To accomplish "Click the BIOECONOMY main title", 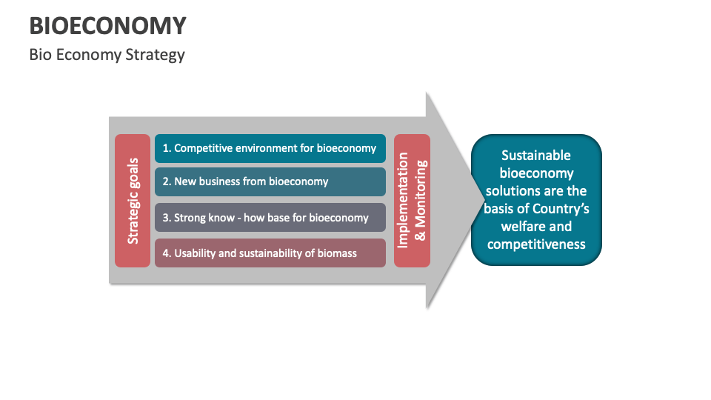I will pyautogui.click(x=108, y=26).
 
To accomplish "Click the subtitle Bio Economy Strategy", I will pyautogui.click(x=107, y=55).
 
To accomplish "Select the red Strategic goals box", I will pyautogui.click(x=133, y=201).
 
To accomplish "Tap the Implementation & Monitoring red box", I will pyautogui.click(x=412, y=201).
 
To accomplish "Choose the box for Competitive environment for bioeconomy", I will pyautogui.click(x=270, y=148).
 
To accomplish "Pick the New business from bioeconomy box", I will pyautogui.click(x=270, y=181).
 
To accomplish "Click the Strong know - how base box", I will pyautogui.click(x=270, y=218).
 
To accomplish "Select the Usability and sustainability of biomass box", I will pyautogui.click(x=270, y=253).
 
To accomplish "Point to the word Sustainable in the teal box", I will pyautogui.click(x=536, y=156).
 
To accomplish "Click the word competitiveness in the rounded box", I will pyautogui.click(x=536, y=244).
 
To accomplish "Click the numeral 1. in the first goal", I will pyautogui.click(x=167, y=148).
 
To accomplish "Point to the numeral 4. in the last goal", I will pyautogui.click(x=167, y=253).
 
